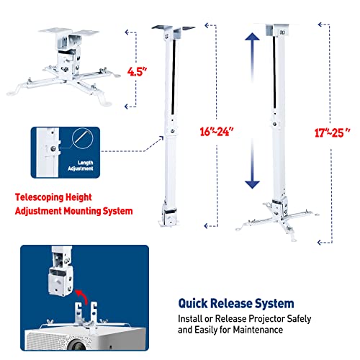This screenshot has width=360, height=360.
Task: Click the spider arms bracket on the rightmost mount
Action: click(x=288, y=216)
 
